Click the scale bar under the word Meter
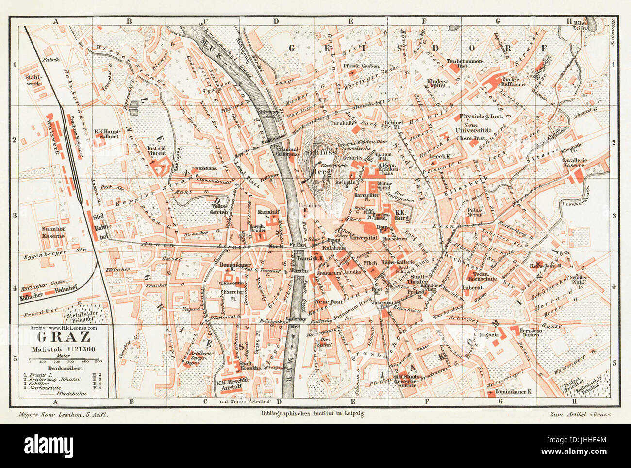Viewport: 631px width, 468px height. coord(64,360)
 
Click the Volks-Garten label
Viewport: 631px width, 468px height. coord(219,208)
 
